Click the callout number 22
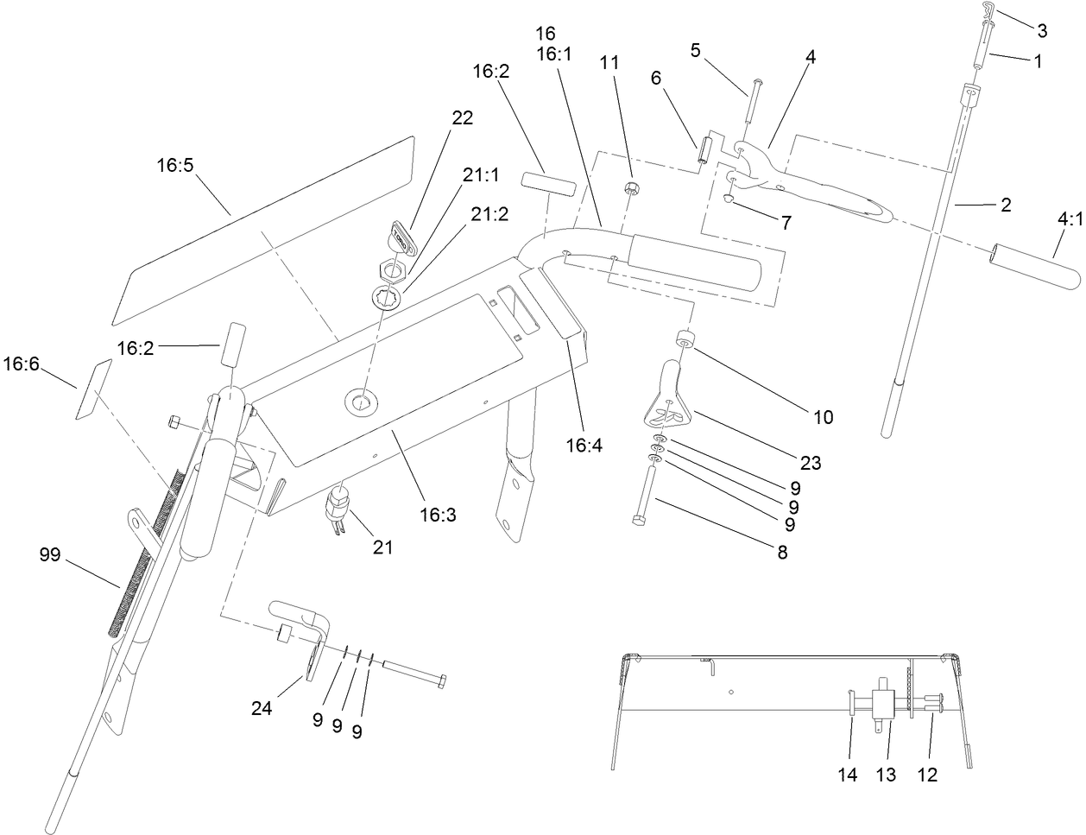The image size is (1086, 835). [x=462, y=119]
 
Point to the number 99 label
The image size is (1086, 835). [x=50, y=554]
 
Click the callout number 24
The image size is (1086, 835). [x=262, y=708]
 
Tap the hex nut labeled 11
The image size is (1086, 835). [x=630, y=189]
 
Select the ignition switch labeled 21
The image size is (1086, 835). [x=340, y=506]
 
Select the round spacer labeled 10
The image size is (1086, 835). [x=685, y=339]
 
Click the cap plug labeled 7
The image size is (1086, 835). [x=729, y=200]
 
